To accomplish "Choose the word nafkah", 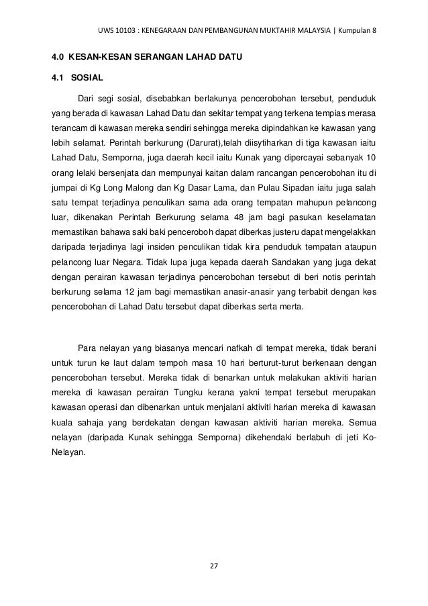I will click(235, 348).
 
